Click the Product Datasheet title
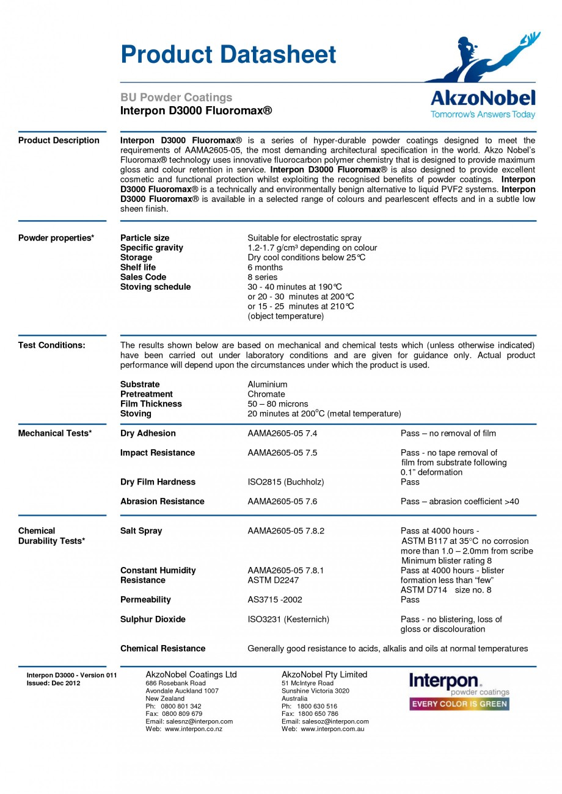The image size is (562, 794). [x=228, y=54]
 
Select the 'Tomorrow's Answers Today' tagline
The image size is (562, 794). [x=482, y=114]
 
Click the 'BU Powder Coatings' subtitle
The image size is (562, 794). [x=176, y=97]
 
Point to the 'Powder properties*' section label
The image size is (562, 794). [x=56, y=238]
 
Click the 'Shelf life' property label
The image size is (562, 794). [x=138, y=267]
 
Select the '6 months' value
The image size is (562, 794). [x=265, y=267]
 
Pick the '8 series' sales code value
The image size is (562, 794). [x=262, y=277]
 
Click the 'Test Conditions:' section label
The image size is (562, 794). [x=51, y=345]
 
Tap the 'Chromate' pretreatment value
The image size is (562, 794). [x=266, y=394]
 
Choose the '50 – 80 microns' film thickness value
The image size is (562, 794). [x=277, y=404]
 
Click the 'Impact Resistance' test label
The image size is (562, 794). [x=158, y=453]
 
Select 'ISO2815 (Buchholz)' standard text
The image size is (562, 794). [x=285, y=482]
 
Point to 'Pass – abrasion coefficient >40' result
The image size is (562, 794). [x=459, y=502]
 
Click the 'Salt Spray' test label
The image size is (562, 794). [x=141, y=531]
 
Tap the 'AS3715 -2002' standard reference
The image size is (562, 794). [x=274, y=600]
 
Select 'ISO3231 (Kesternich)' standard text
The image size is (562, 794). [x=288, y=619]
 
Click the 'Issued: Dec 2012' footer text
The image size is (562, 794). [x=53, y=683]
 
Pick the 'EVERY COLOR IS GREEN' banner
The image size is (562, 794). [x=459, y=704]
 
